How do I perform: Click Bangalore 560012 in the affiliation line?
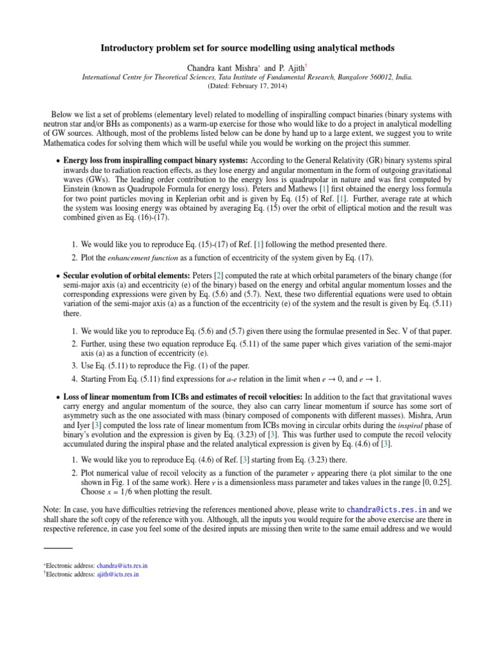pyautogui.click(x=363, y=76)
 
